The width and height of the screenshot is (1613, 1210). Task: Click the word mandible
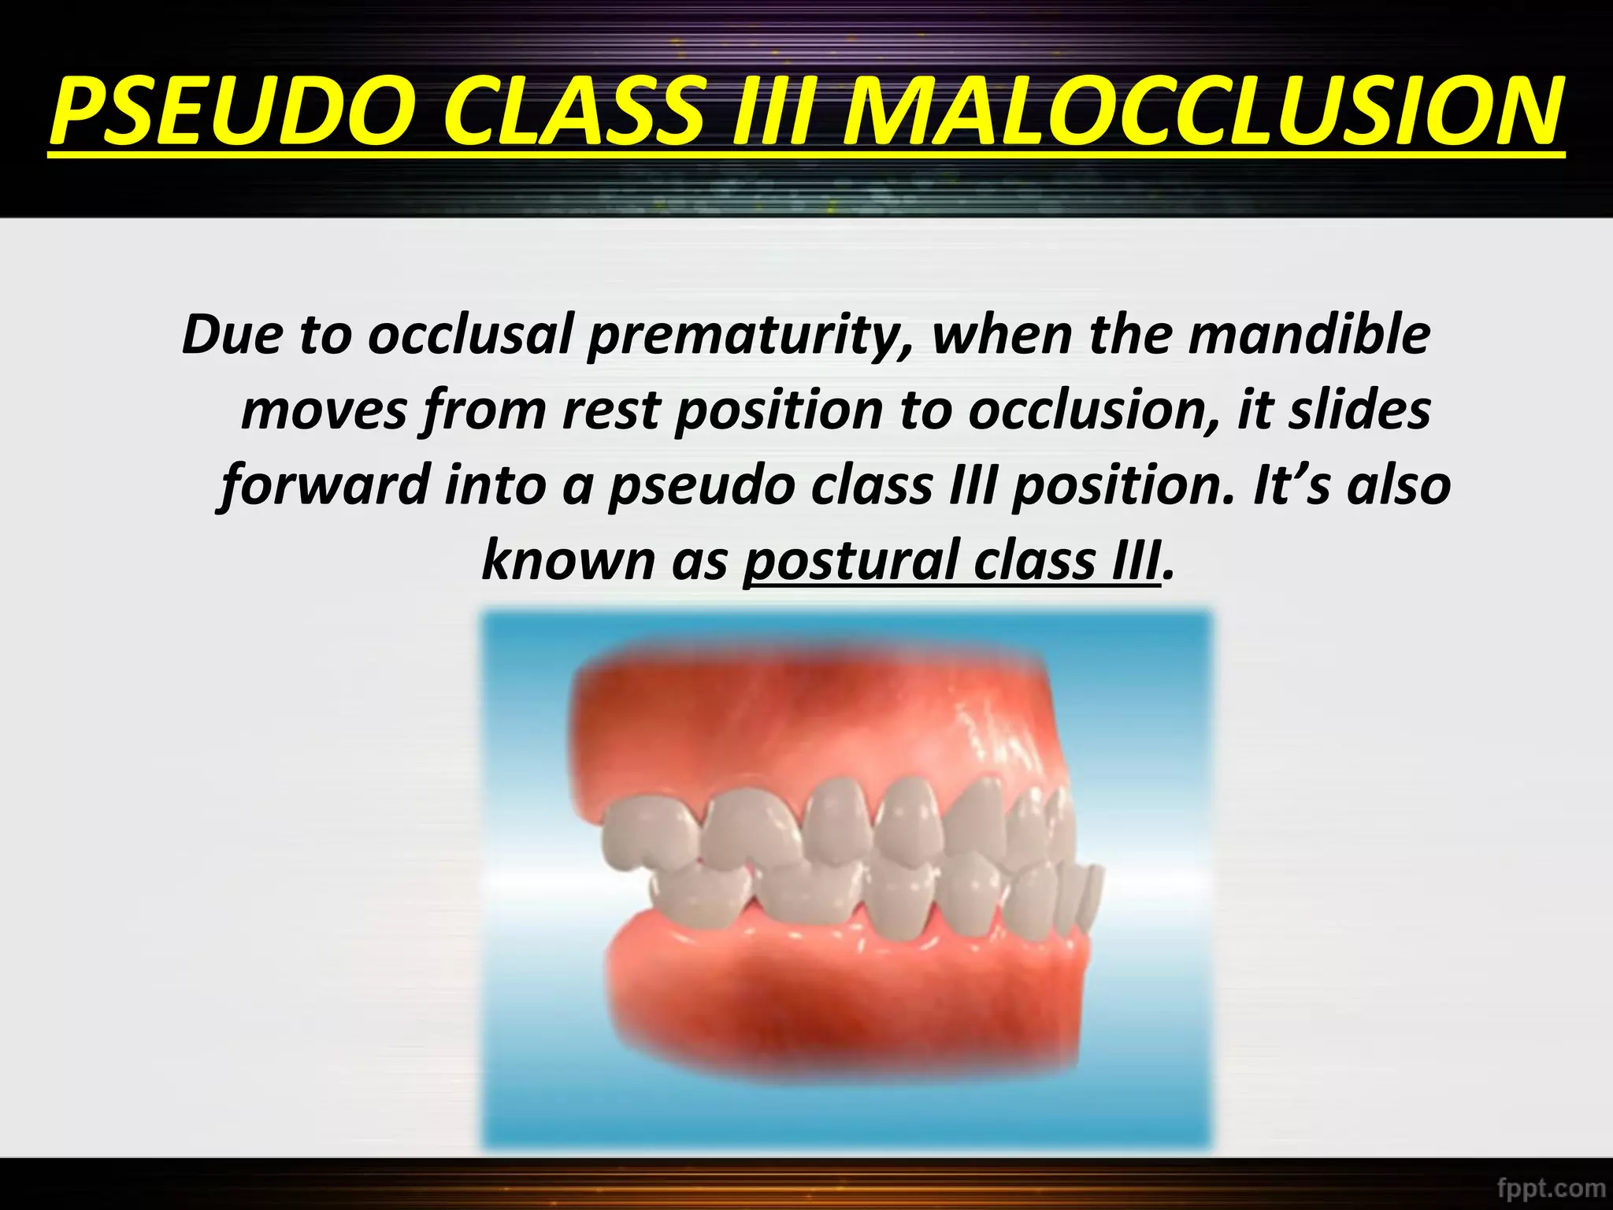(x=1308, y=334)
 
